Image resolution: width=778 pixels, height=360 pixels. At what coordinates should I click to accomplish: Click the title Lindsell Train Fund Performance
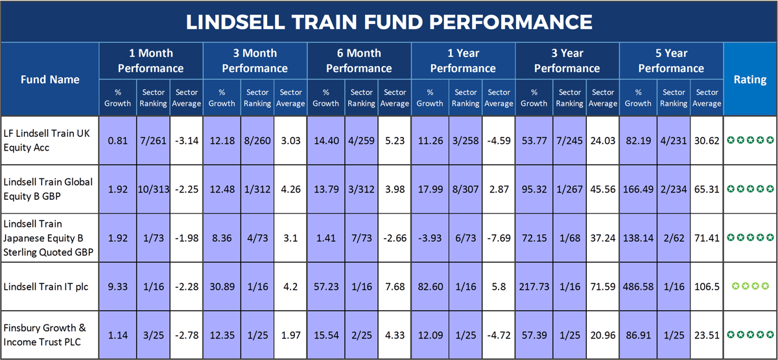[x=389, y=22]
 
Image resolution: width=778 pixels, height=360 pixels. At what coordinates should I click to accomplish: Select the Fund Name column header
[x=50, y=79]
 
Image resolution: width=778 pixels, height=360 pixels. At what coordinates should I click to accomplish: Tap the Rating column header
[x=749, y=79]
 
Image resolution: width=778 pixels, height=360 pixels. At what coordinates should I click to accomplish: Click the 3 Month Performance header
[x=255, y=60]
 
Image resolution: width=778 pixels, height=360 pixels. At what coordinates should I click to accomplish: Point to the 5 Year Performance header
[x=671, y=60]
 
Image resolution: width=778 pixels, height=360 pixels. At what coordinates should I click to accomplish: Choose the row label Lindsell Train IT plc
[x=41, y=286]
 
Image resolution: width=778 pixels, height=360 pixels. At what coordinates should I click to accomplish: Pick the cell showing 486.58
[x=638, y=286]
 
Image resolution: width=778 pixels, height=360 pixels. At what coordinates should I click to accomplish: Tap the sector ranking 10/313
[x=153, y=189]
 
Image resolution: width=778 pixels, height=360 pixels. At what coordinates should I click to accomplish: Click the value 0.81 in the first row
[x=117, y=140]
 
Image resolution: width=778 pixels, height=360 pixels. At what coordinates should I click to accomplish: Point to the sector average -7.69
[x=499, y=238]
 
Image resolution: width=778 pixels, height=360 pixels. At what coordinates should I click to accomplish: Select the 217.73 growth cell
[x=534, y=286]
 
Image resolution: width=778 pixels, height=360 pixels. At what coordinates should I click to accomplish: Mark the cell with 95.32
[x=534, y=189]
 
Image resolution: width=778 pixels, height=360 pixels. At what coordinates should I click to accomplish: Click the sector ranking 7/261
[x=153, y=140]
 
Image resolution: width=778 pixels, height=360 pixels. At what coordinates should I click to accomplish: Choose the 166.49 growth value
[x=638, y=189]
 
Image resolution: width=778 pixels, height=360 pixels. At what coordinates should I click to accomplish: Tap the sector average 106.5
[x=707, y=286]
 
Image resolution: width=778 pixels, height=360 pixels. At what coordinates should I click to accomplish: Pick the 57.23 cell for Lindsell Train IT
[x=325, y=286]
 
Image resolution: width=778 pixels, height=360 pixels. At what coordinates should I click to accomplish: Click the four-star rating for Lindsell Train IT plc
[x=749, y=286]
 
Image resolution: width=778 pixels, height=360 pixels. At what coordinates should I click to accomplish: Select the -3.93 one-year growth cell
[x=429, y=238]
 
